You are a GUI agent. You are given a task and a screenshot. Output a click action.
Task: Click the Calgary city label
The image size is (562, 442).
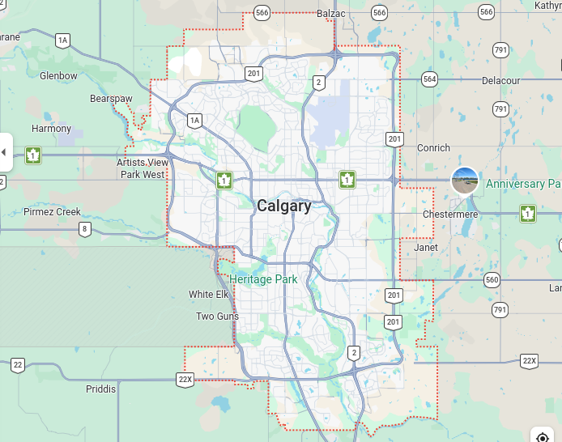(x=283, y=206)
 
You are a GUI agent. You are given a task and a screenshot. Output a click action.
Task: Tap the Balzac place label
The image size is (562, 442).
(x=332, y=13)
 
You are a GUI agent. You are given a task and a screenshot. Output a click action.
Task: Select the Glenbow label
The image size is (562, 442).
(x=58, y=76)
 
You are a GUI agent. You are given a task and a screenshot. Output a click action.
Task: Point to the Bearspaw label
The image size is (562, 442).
(x=111, y=99)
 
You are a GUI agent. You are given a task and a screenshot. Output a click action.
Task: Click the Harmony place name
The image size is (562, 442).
(x=51, y=129)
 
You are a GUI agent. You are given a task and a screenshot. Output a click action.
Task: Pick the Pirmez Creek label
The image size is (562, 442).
(x=52, y=212)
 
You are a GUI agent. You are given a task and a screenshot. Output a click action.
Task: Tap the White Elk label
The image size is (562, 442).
(x=209, y=295)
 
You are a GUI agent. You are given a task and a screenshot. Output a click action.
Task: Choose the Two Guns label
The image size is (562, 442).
(x=217, y=317)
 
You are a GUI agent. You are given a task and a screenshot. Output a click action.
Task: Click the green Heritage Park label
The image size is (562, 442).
(x=263, y=279)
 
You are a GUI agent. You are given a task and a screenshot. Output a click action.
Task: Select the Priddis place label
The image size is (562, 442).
(x=100, y=389)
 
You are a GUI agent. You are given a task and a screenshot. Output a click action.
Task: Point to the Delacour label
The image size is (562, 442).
(x=500, y=81)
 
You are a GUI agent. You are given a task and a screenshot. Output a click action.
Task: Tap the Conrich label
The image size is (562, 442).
(x=433, y=148)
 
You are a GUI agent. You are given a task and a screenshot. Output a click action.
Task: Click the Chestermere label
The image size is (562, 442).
(x=450, y=214)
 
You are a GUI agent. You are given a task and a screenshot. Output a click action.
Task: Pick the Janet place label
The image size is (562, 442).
(x=425, y=248)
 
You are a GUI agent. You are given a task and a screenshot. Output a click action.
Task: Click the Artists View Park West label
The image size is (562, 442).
(x=143, y=168)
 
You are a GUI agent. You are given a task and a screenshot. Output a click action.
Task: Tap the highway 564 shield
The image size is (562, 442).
(x=429, y=79)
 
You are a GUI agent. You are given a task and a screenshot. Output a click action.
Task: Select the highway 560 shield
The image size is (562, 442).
(x=492, y=280)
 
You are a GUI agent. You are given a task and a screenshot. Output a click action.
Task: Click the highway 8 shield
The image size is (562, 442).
(x=85, y=229)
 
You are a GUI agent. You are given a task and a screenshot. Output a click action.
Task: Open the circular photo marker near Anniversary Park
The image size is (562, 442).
(x=465, y=181)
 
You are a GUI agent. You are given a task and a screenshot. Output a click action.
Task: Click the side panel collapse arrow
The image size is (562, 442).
(x=4, y=152)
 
